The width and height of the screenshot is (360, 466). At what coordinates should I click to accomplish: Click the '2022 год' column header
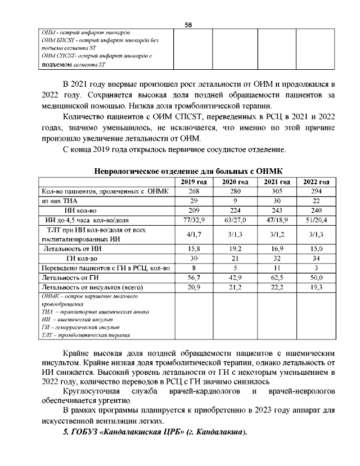click(x=317, y=181)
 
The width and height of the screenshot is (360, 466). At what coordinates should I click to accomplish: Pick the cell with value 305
click(x=276, y=191)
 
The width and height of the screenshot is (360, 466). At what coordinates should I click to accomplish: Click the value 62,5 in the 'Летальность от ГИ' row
click(x=276, y=277)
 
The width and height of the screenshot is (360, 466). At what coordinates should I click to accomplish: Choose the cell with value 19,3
click(x=317, y=286)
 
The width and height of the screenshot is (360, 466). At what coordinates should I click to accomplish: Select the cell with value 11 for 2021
click(x=276, y=267)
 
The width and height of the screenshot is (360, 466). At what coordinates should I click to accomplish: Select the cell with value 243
click(x=276, y=210)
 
